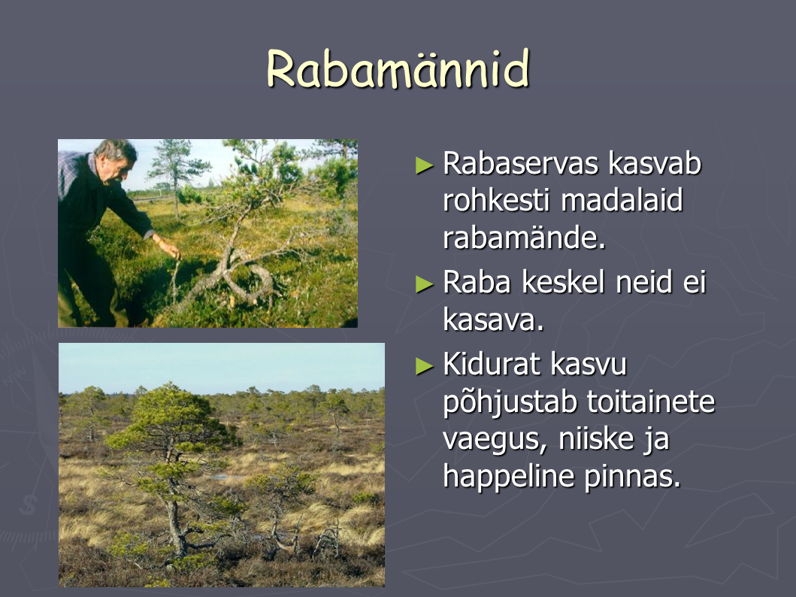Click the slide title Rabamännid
point(398,69)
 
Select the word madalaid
point(622,200)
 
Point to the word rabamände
point(525,238)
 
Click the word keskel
point(564,282)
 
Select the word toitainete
point(652,402)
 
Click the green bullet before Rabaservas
point(425,165)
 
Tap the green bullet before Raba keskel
point(425,284)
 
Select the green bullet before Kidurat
point(425,366)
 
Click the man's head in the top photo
point(115,159)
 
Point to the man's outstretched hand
point(170,248)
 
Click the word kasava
point(493,320)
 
